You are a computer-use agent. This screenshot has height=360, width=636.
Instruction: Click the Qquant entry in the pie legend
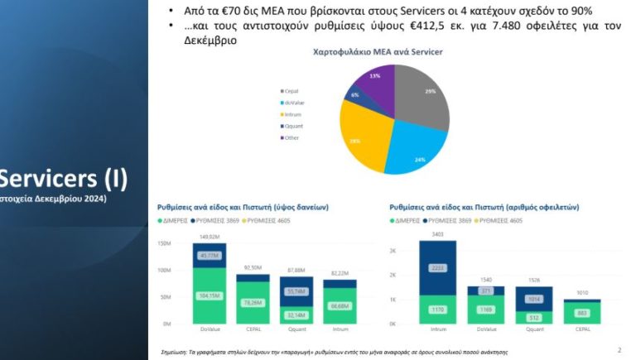[x=293, y=125]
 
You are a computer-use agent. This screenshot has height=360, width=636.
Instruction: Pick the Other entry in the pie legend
[x=292, y=137]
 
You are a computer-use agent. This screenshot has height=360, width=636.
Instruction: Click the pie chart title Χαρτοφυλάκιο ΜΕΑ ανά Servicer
[x=377, y=52]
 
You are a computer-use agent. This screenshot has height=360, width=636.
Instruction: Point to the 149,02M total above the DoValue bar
[x=208, y=236]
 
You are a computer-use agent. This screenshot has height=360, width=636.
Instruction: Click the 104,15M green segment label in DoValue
[x=208, y=295]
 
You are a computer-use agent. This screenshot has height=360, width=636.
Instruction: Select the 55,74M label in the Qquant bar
[x=296, y=291]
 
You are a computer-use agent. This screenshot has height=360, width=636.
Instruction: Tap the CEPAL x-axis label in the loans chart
[x=252, y=330]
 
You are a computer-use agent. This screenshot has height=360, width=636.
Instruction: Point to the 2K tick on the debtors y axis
[x=393, y=249]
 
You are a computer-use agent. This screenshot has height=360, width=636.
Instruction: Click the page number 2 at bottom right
[x=619, y=349]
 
